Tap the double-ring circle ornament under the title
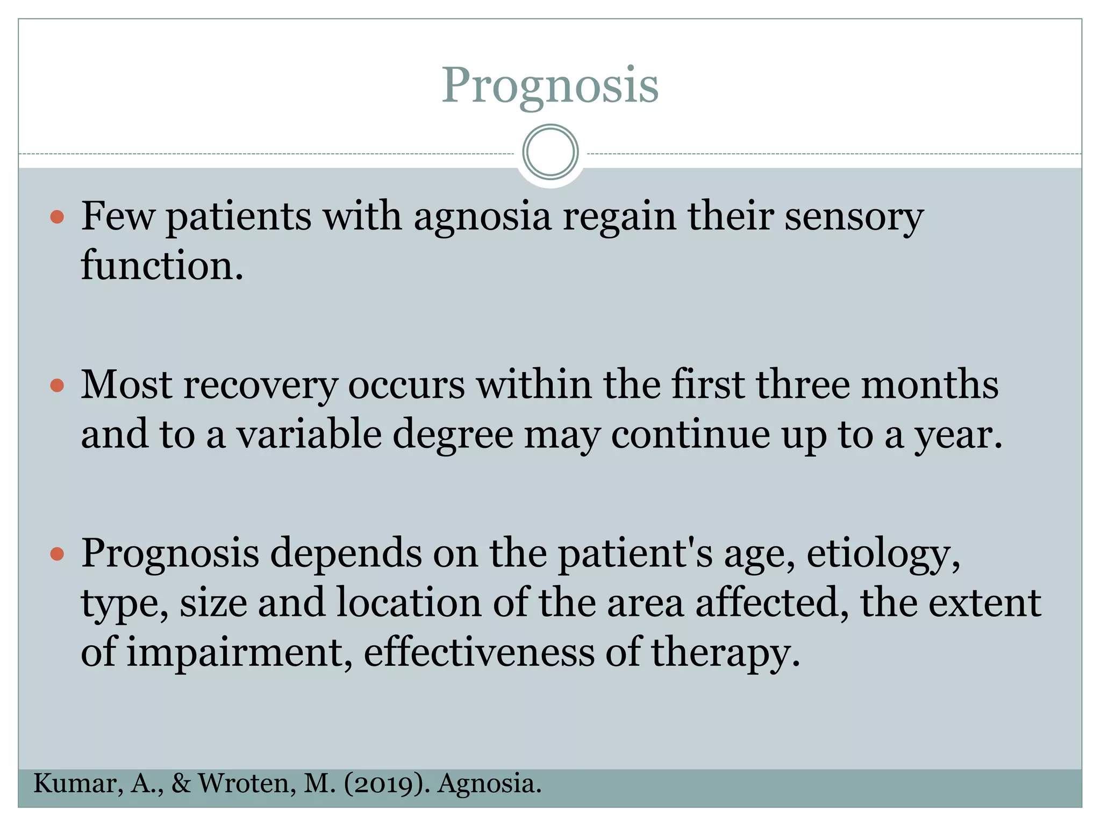click(550, 152)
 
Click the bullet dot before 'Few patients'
click(57, 217)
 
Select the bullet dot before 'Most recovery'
click(57, 386)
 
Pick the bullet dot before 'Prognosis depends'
click(57, 554)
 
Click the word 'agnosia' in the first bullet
click(482, 217)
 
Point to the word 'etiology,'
click(883, 555)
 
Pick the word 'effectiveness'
click(480, 652)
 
